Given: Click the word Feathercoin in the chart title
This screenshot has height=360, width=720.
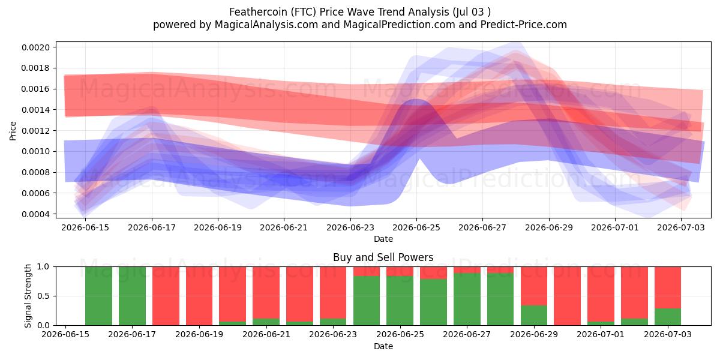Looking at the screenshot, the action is point(259,12).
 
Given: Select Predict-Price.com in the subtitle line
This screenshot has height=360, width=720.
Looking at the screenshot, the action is point(524,25).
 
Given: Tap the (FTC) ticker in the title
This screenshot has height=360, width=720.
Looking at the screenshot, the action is point(304,12).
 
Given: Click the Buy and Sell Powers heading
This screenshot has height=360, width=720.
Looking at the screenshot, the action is point(383,257).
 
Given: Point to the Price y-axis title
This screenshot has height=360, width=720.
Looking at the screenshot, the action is point(13,131).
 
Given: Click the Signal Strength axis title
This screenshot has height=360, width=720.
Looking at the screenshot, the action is point(28,296).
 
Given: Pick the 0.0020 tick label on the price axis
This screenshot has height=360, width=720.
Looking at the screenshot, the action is point(35,47).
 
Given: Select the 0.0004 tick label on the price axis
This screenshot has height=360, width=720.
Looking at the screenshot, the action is point(35,214).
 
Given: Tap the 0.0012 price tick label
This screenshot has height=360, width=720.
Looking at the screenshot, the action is point(35,131).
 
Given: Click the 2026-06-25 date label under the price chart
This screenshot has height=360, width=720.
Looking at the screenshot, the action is point(416,227).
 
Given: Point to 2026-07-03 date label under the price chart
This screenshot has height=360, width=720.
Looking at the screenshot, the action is point(681,227).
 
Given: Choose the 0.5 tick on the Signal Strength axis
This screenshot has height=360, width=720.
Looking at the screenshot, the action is point(43,296).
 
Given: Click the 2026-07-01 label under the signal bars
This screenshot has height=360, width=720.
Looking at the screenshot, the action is point(601,334).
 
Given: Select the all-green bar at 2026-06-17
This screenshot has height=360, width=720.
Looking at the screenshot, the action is point(132,296).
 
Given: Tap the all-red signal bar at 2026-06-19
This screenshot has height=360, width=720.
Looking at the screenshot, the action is point(199,296).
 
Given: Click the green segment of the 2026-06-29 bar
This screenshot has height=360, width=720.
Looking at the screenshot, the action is point(534,316).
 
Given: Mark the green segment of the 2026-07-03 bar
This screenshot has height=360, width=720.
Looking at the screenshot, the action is point(668,317).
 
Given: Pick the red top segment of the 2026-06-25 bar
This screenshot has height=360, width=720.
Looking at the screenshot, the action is point(400,271).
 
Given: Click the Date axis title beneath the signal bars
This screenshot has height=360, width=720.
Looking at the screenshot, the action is point(383,346).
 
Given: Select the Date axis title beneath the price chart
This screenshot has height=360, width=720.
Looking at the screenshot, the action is point(383,239).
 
